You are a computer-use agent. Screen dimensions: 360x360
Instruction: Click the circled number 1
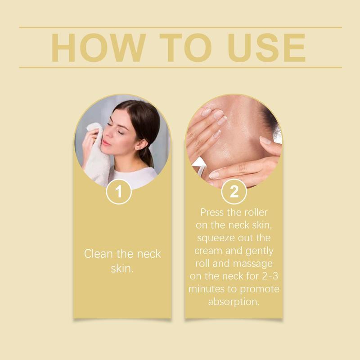point(119,192)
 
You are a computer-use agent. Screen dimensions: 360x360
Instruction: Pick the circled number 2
point(234,192)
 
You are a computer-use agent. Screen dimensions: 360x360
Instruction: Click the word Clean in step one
point(99,254)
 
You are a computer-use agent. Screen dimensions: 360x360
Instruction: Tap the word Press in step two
point(212,211)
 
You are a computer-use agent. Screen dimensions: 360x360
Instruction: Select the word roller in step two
point(254,211)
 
